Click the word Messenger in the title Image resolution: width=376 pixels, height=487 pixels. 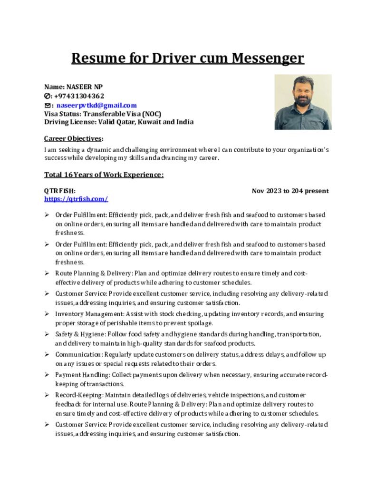point(268,58)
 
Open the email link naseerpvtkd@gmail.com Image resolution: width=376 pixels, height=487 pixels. point(96,105)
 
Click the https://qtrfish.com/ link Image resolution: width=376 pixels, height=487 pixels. point(76,199)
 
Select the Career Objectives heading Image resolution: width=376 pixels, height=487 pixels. point(73,138)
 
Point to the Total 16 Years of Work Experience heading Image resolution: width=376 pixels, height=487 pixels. point(104,175)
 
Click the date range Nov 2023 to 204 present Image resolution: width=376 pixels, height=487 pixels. point(290,191)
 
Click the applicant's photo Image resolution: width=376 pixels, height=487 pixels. point(303,102)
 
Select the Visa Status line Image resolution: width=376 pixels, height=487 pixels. point(103,114)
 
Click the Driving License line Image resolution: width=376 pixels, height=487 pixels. point(119,122)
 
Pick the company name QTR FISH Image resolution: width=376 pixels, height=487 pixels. point(60,191)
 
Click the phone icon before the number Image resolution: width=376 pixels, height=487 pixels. point(48,96)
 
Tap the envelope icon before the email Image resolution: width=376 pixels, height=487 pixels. point(48,105)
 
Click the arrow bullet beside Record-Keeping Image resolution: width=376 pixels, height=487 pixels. point(47,395)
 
